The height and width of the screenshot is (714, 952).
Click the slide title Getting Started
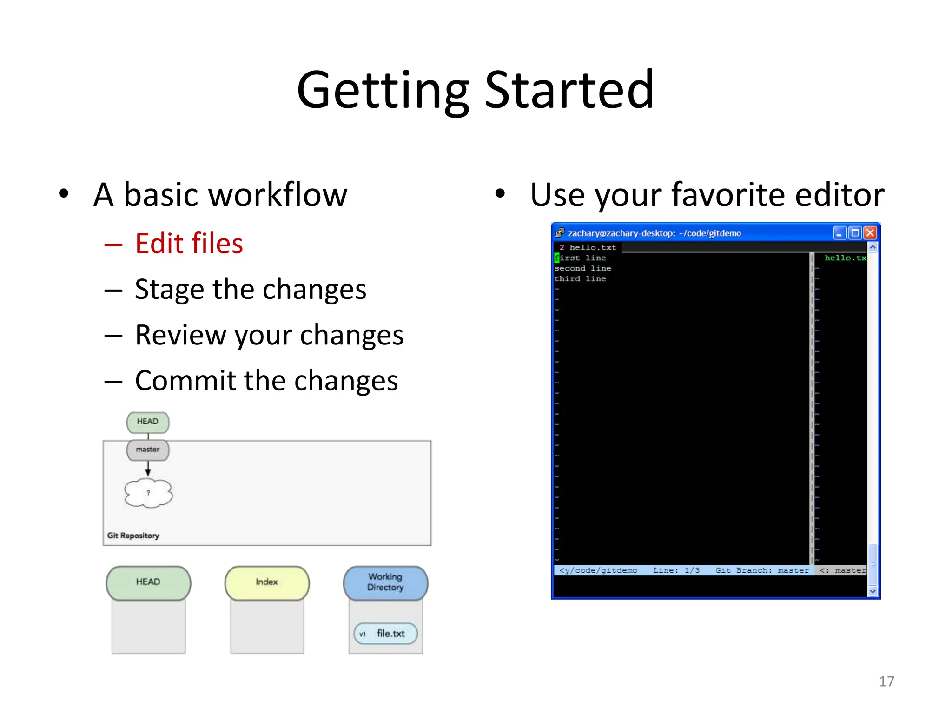click(475, 90)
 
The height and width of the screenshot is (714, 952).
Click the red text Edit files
click(189, 244)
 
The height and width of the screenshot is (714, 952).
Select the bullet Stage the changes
click(250, 289)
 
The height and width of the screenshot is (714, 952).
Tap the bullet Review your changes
click(269, 335)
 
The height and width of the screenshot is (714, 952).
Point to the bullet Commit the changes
click(266, 381)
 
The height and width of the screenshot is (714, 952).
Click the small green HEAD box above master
click(148, 422)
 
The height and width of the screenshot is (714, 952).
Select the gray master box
click(148, 450)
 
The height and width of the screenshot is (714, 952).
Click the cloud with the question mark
click(148, 493)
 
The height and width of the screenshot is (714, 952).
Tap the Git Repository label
click(133, 535)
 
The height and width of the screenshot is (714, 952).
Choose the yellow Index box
click(266, 582)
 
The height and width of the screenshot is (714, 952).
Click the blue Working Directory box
click(385, 582)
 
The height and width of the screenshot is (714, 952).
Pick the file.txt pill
click(385, 634)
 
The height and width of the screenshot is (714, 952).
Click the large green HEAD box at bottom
click(148, 582)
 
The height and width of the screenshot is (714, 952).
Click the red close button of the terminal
click(870, 233)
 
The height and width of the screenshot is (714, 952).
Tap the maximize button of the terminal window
click(855, 233)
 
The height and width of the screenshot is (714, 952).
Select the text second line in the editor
click(582, 268)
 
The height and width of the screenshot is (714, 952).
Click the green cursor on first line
click(556, 258)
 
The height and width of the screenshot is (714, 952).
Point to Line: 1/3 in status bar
click(676, 570)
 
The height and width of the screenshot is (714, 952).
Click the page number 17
click(886, 681)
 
